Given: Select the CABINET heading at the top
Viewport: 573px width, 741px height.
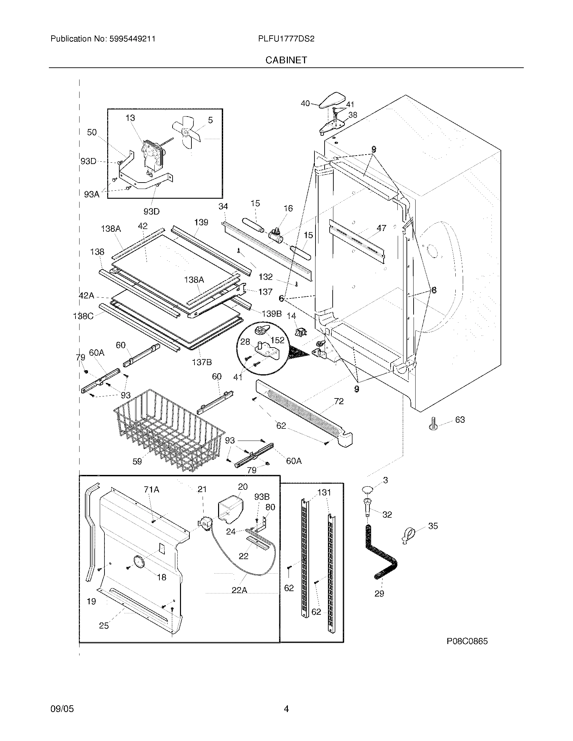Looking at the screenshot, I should (x=286, y=60).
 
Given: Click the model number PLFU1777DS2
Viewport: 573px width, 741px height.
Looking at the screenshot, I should (x=286, y=39).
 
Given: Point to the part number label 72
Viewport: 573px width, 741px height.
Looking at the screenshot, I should (x=338, y=401).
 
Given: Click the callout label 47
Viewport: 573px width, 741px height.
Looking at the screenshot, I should (x=381, y=228).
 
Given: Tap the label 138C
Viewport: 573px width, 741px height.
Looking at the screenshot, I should (x=83, y=316).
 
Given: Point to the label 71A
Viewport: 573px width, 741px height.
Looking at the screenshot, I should (x=151, y=489).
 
